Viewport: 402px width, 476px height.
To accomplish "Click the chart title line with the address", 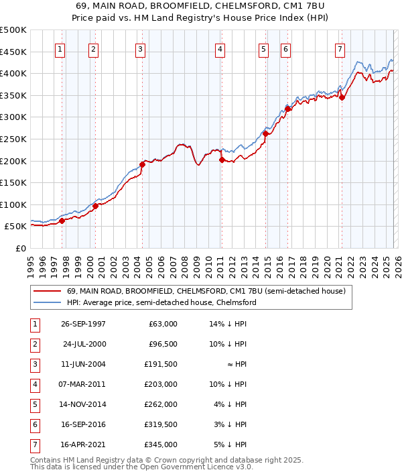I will (200, 5).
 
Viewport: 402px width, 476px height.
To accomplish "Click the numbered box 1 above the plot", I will (61, 49).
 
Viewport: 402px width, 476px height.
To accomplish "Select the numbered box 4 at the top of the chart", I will (220, 49).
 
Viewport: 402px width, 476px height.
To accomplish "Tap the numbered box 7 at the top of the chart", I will (340, 49).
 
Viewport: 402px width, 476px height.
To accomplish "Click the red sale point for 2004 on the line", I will (142, 164).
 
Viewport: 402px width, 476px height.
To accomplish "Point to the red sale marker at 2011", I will (222, 160).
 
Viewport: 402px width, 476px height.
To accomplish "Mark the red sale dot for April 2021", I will (342, 97).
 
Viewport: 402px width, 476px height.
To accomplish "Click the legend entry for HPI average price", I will (161, 302).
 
